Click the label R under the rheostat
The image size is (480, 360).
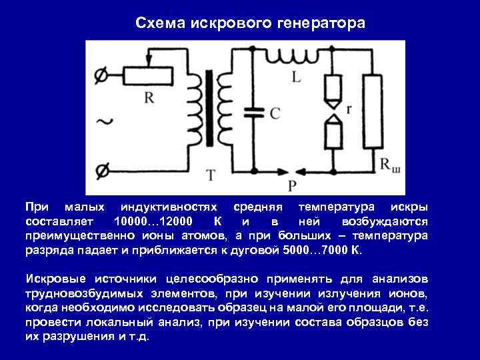pos(149,97)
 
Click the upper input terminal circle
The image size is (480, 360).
pos(101,77)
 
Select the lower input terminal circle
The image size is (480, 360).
pos(101,169)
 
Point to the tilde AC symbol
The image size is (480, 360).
pos(105,121)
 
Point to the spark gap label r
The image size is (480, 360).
pos(350,107)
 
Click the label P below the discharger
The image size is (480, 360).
pos(291,185)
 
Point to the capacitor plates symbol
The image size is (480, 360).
pos(252,110)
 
